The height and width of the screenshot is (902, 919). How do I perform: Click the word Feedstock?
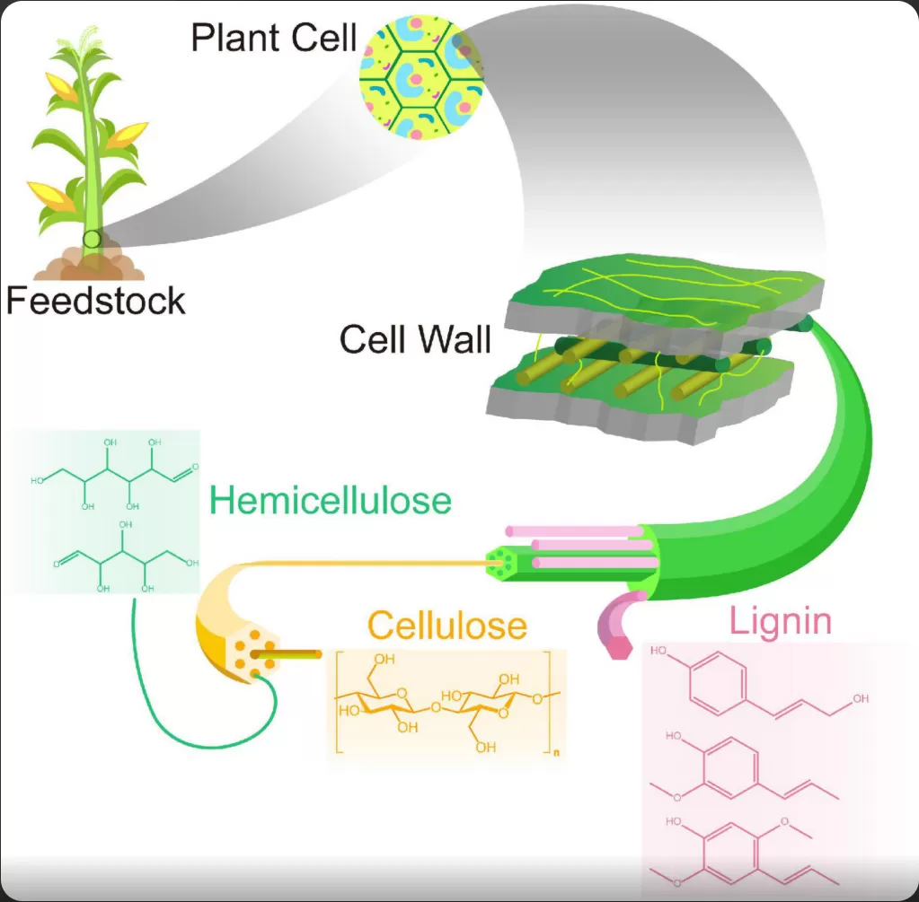(95, 301)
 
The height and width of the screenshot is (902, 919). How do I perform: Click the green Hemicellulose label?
(331, 501)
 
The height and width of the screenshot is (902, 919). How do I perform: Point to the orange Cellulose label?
(447, 625)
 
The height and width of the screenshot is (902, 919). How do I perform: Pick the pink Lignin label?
(781, 621)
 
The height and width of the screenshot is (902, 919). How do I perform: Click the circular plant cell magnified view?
(421, 77)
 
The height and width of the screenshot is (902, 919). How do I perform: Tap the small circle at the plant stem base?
(92, 239)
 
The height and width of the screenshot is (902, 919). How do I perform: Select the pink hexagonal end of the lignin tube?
(619, 647)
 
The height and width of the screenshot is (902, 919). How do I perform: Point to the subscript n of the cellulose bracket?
(556, 753)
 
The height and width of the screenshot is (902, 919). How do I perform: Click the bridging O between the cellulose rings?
(436, 707)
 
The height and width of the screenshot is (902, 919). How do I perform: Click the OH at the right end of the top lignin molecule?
(861, 698)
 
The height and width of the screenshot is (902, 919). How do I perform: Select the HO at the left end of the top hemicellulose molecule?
(37, 480)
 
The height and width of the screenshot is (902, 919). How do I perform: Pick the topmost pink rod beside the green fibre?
(574, 531)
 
